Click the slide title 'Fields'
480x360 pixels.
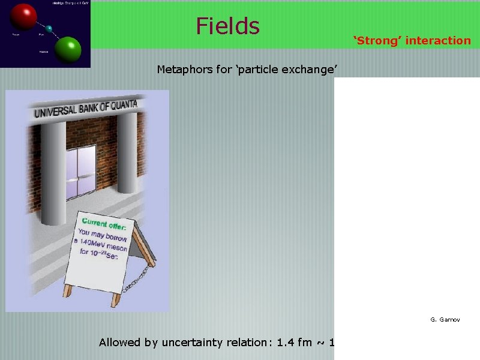pyautogui.click(x=227, y=26)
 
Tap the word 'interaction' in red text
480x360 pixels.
pyautogui.click(x=439, y=41)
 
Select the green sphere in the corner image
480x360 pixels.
pyautogui.click(x=69, y=49)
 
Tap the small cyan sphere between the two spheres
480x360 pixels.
pyautogui.click(x=49, y=29)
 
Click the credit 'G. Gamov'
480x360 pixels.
pyautogui.click(x=445, y=320)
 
